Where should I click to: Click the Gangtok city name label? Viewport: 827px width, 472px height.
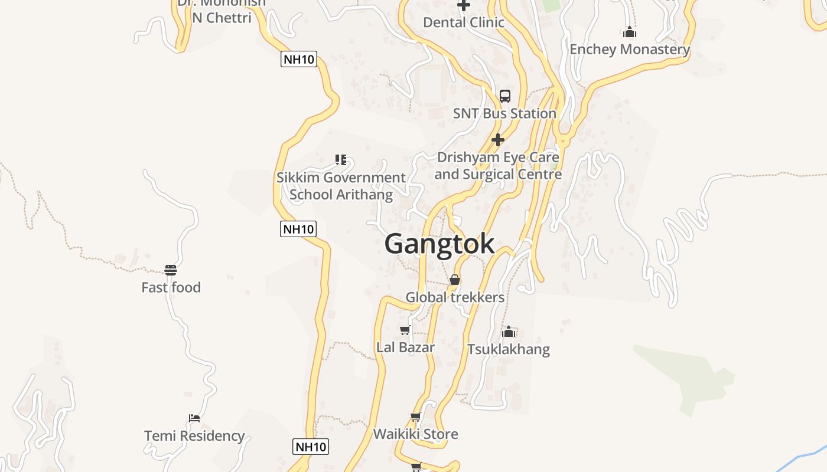439,244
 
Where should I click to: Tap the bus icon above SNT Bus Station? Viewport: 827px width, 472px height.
505,96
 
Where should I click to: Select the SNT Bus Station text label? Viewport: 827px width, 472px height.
504,113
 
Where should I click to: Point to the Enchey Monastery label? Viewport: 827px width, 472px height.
630,50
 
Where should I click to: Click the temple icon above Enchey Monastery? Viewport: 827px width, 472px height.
630,32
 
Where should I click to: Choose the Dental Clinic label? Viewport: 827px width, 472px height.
464,22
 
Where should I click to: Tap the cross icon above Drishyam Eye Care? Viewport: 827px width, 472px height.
498,140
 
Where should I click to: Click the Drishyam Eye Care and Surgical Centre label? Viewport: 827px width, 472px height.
498,166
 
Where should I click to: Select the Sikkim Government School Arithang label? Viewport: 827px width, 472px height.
341,186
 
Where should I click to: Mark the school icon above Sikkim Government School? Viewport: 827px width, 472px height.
341,159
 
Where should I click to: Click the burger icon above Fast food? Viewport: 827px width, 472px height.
171,270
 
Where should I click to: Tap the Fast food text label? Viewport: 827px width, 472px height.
171,288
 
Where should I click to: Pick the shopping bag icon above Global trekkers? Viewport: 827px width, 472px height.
455,280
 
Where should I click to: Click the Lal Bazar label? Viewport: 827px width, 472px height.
405,348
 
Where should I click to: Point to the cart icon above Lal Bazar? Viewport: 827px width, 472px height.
405,330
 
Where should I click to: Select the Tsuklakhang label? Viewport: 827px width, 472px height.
509,349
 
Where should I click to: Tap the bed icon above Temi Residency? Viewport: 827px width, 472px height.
194,418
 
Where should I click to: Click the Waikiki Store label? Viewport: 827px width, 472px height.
415,435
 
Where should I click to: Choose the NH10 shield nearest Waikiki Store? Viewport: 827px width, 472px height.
311,447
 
